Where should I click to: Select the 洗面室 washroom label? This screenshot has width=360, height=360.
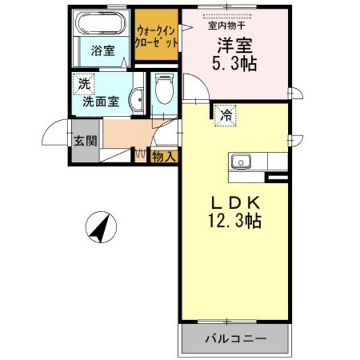point(100,101)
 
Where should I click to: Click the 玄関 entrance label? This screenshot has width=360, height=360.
point(80,141)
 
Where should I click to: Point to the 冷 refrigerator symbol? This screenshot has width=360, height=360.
point(226,116)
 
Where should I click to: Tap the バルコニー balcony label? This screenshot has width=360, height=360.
point(236,337)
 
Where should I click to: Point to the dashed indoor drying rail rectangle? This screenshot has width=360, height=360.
point(229,15)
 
